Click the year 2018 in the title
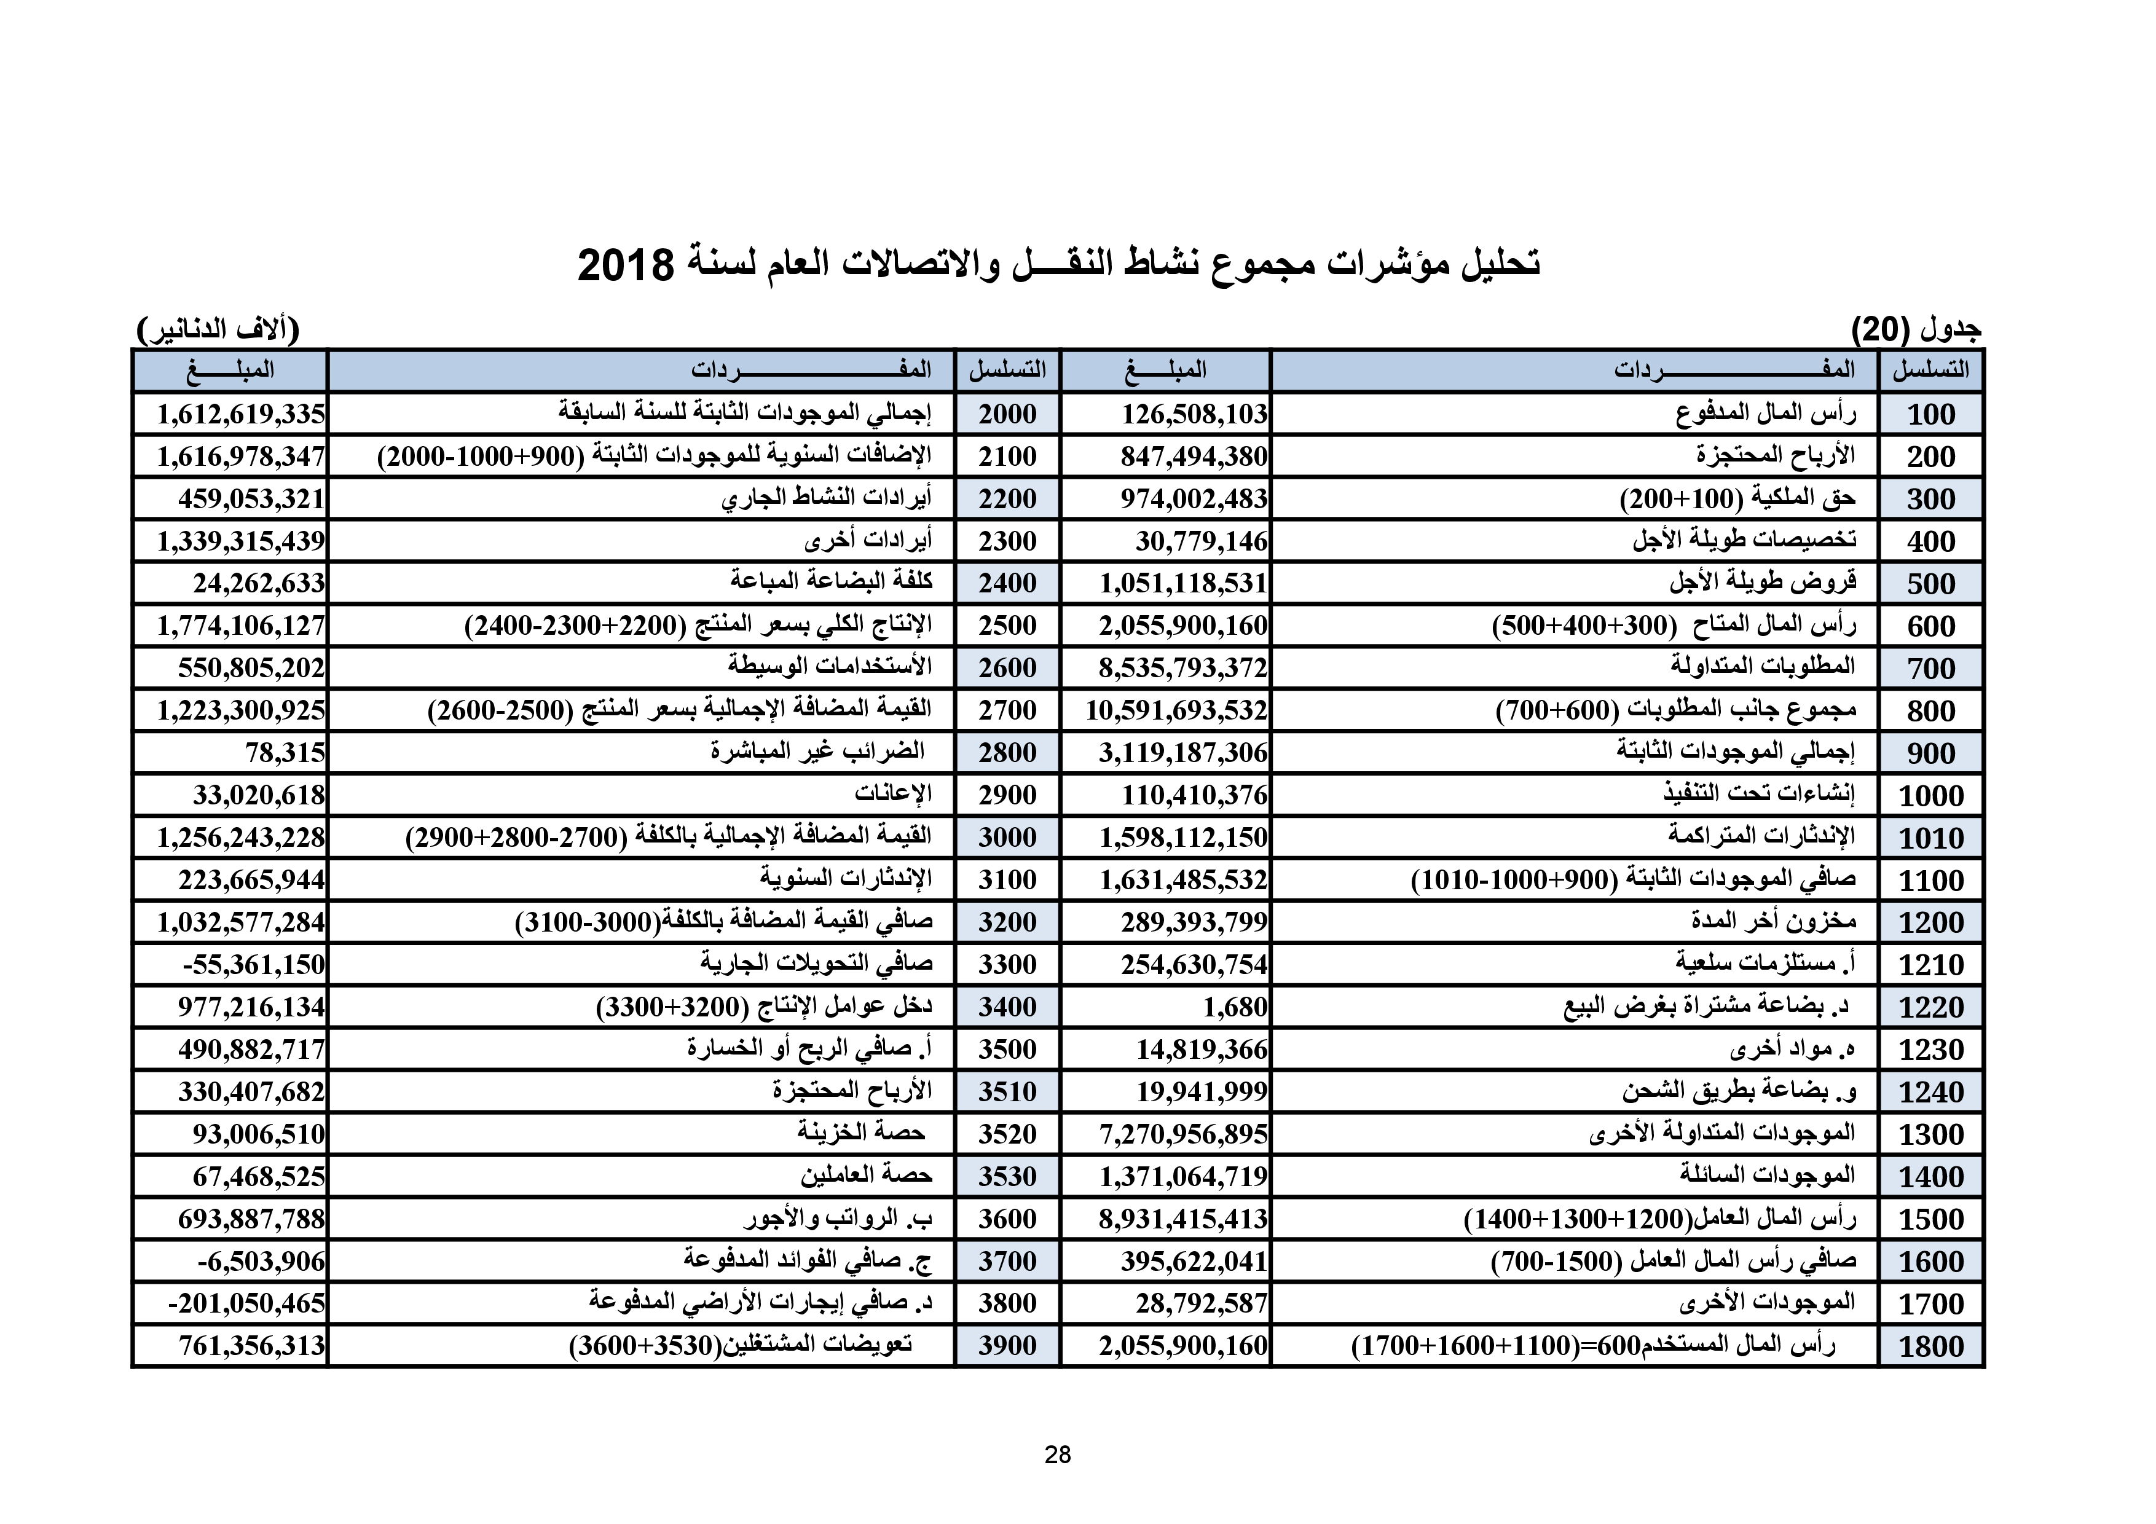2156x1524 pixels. (626, 265)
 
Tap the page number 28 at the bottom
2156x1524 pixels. (1057, 1455)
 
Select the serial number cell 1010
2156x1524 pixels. (1930, 838)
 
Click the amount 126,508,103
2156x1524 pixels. (1194, 414)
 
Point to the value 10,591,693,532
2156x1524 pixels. (1176, 710)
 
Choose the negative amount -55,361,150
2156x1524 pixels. (254, 964)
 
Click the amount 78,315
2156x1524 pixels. (285, 753)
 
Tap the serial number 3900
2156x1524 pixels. (1007, 1346)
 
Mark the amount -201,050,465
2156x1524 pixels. (246, 1303)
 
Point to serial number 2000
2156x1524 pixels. (1007, 414)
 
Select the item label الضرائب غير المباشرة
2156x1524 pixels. (817, 752)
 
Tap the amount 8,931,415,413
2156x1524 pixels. (1183, 1219)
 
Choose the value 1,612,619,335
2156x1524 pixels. (240, 414)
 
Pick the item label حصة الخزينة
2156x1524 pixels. (861, 1133)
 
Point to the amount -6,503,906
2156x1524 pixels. (261, 1261)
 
